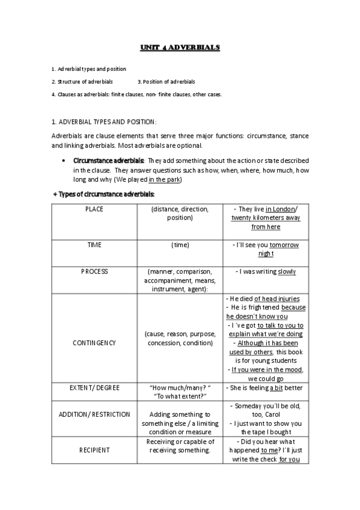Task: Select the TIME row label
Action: tap(94, 245)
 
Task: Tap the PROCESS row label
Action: tap(94, 272)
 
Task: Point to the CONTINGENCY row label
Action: tap(94, 343)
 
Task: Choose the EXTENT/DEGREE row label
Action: tap(94, 388)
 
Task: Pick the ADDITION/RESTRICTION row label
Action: tap(94, 414)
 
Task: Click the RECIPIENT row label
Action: tap(94, 449)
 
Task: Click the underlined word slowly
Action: tap(287, 272)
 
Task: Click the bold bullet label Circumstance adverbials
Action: tap(108, 161)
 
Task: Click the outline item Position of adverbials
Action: tap(168, 81)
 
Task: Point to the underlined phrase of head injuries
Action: tap(276, 298)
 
